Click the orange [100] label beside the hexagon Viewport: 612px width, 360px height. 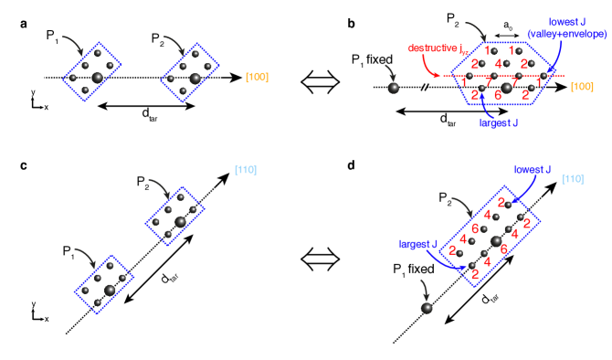pos(582,87)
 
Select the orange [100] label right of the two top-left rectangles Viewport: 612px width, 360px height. pos(257,78)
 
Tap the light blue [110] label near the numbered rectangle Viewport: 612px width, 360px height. pos(573,179)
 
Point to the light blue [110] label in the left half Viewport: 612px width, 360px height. pos(246,170)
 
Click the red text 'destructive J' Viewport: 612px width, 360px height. pos(433,48)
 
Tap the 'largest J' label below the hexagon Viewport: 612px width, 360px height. pos(499,122)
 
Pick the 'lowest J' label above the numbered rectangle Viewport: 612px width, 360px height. pos(533,170)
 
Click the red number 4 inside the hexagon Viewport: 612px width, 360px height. pos(498,64)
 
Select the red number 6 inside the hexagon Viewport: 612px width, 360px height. pos(498,94)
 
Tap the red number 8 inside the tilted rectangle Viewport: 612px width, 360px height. pos(504,249)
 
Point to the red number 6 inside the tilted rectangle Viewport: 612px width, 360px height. pos(475,228)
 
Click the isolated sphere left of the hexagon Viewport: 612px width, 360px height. pos(394,88)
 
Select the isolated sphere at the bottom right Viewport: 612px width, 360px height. pos(427,308)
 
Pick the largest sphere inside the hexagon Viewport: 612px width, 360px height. pos(507,87)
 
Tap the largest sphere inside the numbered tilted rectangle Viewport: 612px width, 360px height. pos(496,241)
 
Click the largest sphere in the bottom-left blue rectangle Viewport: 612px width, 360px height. pos(110,289)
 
